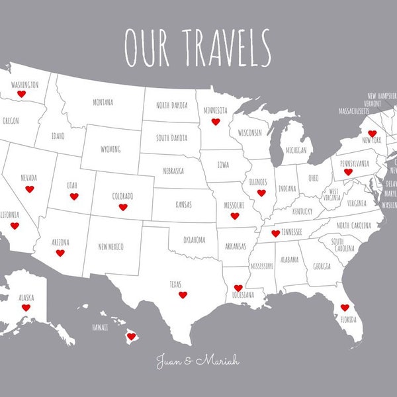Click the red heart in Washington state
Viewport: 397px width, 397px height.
[21, 95]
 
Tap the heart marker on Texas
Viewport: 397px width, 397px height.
[183, 294]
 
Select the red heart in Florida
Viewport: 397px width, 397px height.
[344, 308]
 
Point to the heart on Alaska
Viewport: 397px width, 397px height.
[26, 308]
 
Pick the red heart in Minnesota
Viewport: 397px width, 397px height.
[215, 122]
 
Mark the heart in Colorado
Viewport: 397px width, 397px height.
[123, 207]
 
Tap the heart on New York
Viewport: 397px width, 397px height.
[372, 133]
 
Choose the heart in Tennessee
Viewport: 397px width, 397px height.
[275, 234]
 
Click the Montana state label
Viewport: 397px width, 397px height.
[103, 103]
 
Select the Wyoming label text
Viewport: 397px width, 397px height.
[110, 149]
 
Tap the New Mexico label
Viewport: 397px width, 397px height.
[111, 247]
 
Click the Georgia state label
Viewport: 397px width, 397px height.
[322, 267]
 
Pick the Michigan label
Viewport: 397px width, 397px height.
[296, 150]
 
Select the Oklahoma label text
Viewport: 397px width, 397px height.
[194, 240]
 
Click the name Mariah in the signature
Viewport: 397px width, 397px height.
[219, 361]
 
